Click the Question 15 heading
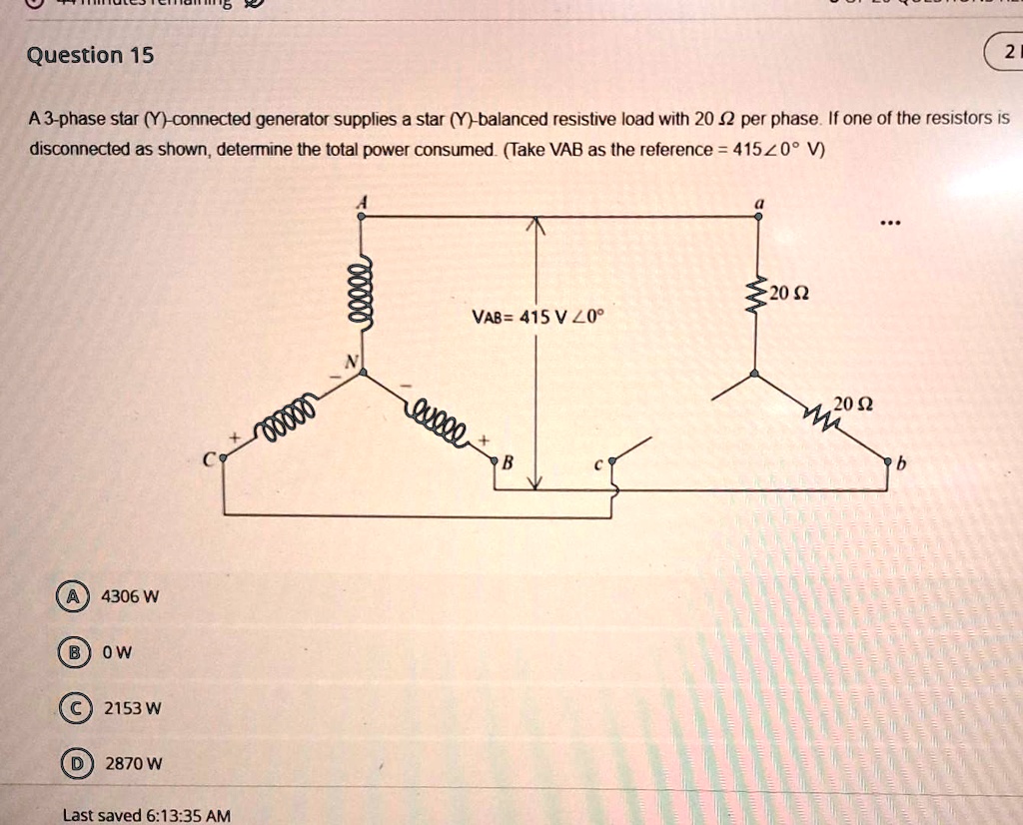(90, 55)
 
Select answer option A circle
(71, 597)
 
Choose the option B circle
(71, 652)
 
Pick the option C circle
(71, 708)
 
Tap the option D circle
(71, 764)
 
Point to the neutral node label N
(350, 363)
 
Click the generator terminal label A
(364, 200)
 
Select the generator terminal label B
(507, 461)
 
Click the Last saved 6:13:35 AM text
(146, 815)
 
